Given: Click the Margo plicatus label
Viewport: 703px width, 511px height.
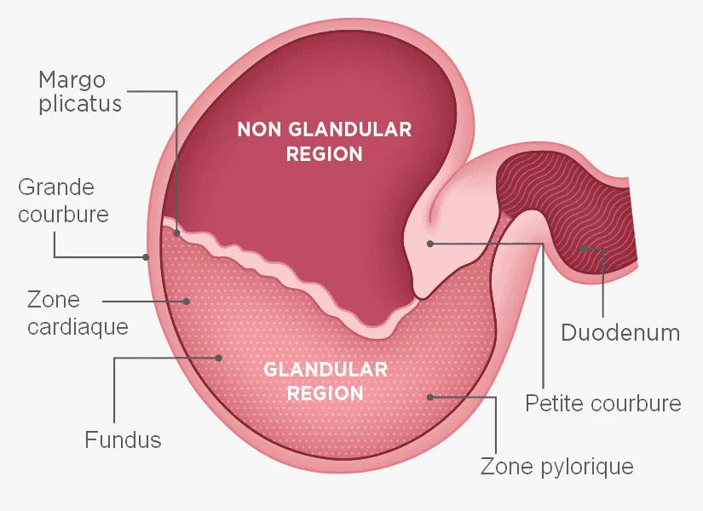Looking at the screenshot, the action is pos(80,92).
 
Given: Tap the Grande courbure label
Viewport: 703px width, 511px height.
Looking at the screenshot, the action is pos(63,200).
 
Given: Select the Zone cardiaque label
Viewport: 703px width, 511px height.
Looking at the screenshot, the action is pos(78,313).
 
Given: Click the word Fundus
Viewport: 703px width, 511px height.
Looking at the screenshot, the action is pos(123,439).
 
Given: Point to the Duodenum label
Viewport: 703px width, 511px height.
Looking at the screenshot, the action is pos(620,333).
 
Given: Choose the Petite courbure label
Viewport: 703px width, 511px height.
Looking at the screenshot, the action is pos(603,403).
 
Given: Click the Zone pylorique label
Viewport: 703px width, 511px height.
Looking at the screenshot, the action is pos(556,466).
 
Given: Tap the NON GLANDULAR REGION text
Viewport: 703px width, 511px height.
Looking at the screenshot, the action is pos(324,141).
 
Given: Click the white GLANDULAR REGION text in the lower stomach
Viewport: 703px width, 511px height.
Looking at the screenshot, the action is pos(325,382).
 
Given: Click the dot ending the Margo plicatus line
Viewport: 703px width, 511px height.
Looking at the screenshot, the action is pos(177,233).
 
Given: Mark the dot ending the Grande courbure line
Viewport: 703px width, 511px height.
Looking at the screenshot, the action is pos(146,257).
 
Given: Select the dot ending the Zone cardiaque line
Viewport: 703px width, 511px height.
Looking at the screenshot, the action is pos(187,301).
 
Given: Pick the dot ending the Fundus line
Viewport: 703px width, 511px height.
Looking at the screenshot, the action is pos(219,358).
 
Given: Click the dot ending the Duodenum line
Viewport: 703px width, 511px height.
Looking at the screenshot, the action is pos(584,249).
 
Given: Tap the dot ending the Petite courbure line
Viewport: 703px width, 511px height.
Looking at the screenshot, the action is pos(430,244).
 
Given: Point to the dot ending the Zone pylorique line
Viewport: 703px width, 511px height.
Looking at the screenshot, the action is pos(430,397).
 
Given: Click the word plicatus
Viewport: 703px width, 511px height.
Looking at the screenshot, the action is pos(80,104).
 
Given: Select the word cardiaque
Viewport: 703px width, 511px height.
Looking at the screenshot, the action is pos(78,326).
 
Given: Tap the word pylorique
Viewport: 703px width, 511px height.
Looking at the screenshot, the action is pos(587,467).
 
